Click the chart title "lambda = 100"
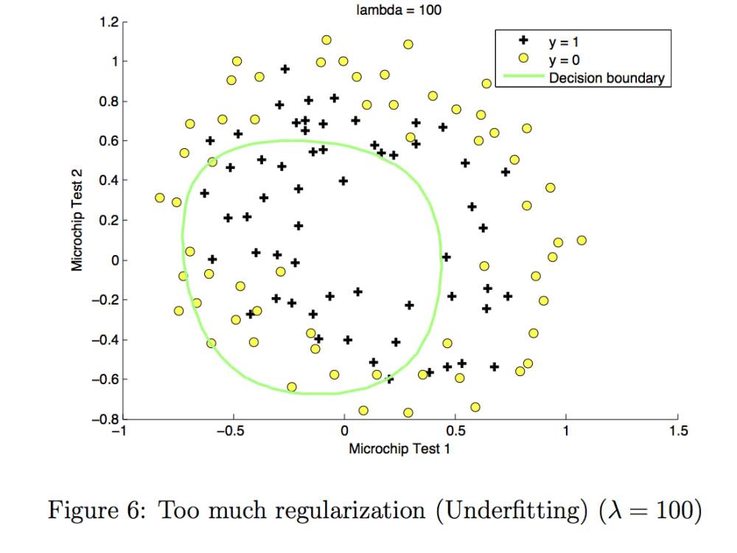click(399, 10)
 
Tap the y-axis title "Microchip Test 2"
click(77, 220)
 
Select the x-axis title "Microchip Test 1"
click(399, 448)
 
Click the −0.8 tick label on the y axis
click(105, 419)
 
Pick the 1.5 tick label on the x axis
click(678, 431)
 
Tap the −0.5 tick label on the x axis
click(230, 431)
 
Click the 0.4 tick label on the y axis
click(109, 181)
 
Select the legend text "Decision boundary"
click(607, 78)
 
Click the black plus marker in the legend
click(523, 41)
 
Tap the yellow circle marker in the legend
click(523, 58)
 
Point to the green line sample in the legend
click(523, 76)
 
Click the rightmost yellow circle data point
click(581, 240)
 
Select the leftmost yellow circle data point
click(160, 198)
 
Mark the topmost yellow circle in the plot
click(326, 40)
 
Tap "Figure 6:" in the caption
click(97, 511)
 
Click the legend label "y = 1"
click(564, 42)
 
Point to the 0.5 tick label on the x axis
click(455, 431)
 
